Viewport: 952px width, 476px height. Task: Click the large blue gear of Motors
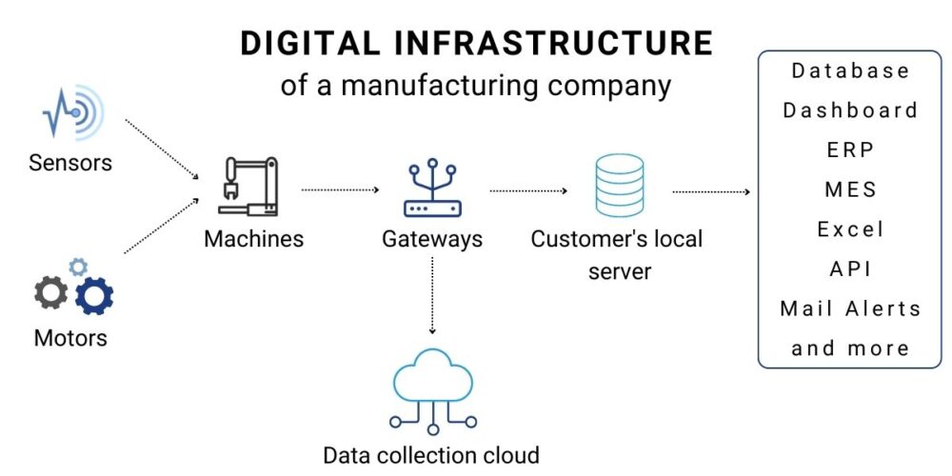click(93, 297)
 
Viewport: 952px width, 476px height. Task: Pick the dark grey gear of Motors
click(51, 292)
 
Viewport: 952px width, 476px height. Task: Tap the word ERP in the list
click(850, 149)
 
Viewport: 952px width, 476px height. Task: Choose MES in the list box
click(850, 189)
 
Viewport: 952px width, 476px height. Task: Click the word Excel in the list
click(850, 229)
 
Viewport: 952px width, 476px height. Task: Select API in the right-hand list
click(850, 268)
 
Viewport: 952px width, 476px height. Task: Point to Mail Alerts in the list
click(850, 308)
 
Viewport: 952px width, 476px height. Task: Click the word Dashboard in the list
click(850, 109)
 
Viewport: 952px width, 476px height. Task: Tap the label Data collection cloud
click(431, 455)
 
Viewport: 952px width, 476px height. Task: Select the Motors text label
click(70, 338)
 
